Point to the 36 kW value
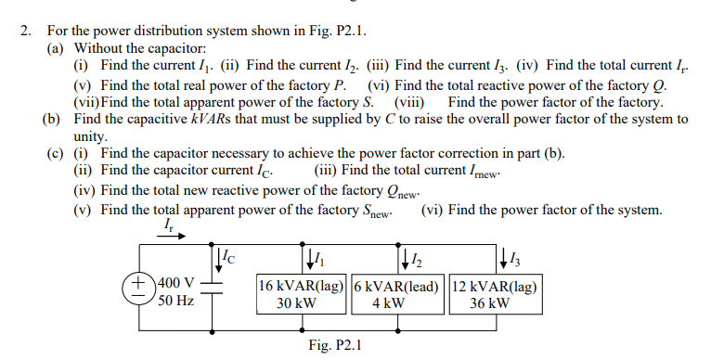tap(489, 302)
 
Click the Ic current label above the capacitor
tap(228, 253)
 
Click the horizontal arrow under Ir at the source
tap(169, 237)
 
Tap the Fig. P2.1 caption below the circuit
tap(335, 346)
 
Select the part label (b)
tap(54, 119)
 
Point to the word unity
tap(91, 135)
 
